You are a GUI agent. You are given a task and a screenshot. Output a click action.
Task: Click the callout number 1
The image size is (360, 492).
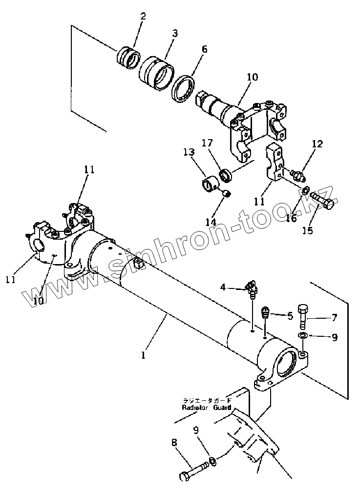coord(143,356)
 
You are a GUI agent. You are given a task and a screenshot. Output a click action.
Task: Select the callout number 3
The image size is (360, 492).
coord(174,33)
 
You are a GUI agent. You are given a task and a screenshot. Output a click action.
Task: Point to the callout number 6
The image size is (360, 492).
coord(204,49)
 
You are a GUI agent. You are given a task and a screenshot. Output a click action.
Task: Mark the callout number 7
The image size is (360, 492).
coord(334,318)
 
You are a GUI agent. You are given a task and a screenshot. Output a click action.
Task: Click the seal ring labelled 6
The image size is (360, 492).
coord(185,88)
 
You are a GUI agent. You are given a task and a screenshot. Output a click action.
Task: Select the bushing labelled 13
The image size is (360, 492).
coord(212,186)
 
